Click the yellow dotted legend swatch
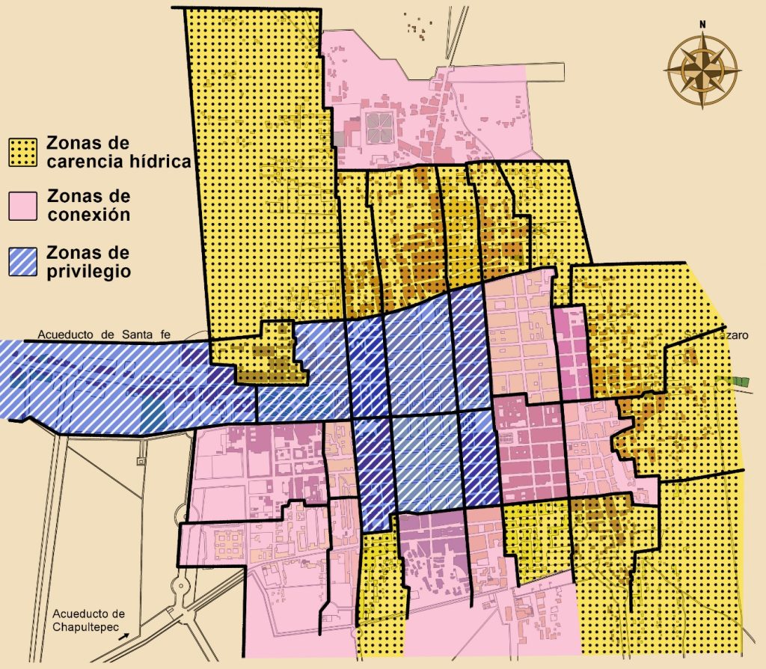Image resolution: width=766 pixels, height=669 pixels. click(24, 152)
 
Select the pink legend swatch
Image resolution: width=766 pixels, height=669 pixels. click(24, 206)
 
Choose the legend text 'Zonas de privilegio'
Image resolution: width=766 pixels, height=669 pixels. click(88, 261)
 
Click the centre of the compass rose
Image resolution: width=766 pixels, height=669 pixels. click(702, 70)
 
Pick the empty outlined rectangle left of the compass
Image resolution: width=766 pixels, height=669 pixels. click(545, 73)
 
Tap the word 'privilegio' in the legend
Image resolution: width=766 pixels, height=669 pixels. click(88, 270)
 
